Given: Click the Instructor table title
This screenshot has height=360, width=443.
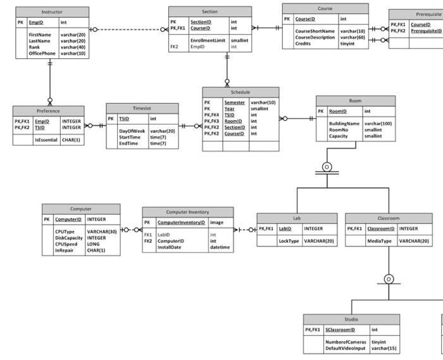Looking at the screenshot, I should pos(52,12).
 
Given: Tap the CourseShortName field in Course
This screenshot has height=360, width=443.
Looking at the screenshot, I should pos(315,31).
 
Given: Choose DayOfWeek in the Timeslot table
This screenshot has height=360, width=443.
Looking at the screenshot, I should pos(132,131).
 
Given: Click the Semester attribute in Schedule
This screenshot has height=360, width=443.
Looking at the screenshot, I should pos(234,102).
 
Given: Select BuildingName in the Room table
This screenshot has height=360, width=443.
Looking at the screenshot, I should pos(344,123).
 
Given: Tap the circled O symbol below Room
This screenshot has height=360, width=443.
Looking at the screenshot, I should pos(327,166).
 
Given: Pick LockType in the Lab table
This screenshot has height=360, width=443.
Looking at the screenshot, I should pos(289,241).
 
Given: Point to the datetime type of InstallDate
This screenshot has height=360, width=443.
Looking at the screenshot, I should pos(220,247).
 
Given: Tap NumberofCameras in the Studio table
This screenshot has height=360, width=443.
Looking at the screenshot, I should pos(346,342).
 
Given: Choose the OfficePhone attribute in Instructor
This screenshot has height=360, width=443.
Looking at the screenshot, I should pos(42,54).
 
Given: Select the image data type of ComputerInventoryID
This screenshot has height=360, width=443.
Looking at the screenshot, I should pos(216,223).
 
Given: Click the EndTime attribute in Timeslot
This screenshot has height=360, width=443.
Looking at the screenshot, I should pos(129,144).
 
